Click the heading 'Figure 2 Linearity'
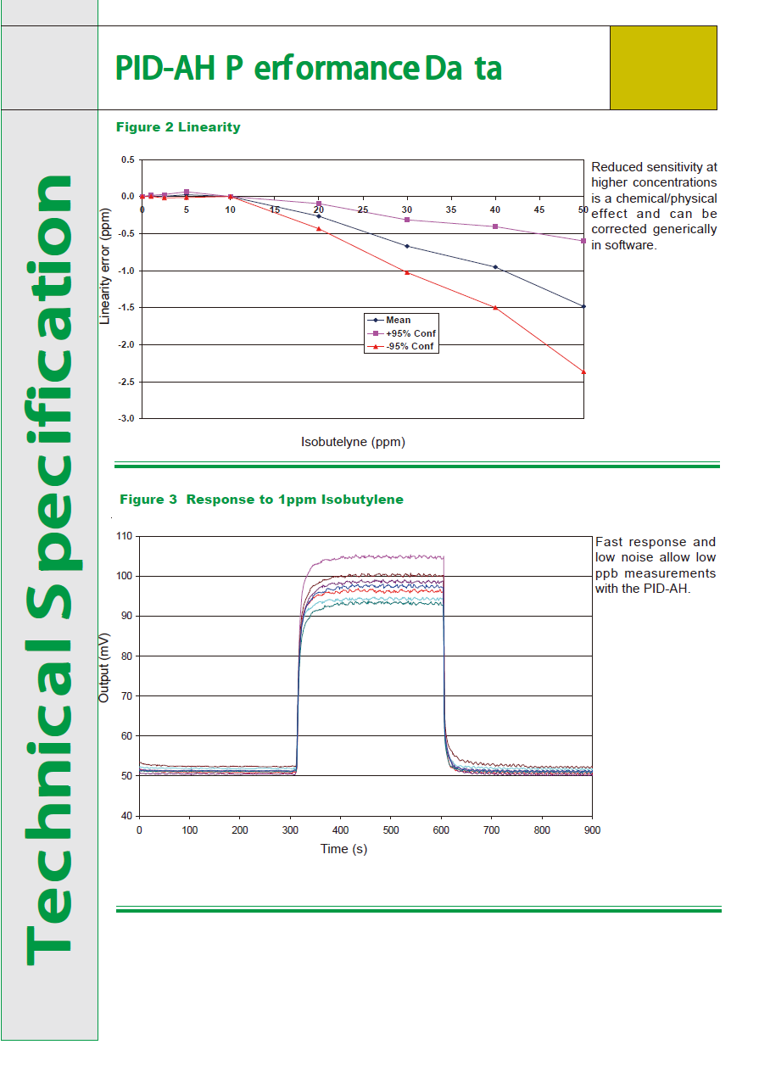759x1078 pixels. click(x=178, y=127)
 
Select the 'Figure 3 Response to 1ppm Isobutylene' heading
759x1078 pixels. click(x=261, y=500)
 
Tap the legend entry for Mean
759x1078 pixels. click(x=398, y=321)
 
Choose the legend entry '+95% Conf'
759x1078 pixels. click(x=410, y=333)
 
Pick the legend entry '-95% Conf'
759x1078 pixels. click(x=410, y=346)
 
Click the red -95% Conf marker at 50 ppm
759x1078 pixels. click(x=583, y=371)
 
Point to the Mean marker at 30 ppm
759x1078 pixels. click(x=407, y=246)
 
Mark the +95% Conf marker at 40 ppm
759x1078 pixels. click(x=495, y=226)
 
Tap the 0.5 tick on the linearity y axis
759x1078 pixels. click(x=128, y=159)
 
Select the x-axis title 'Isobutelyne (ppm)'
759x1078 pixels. click(x=353, y=442)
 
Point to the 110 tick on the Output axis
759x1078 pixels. click(x=125, y=536)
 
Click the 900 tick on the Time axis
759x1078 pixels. click(x=592, y=830)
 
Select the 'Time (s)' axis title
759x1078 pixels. click(x=343, y=848)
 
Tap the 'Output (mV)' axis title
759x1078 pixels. click(x=104, y=667)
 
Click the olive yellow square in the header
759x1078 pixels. click(x=663, y=68)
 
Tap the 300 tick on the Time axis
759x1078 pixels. click(x=290, y=830)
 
